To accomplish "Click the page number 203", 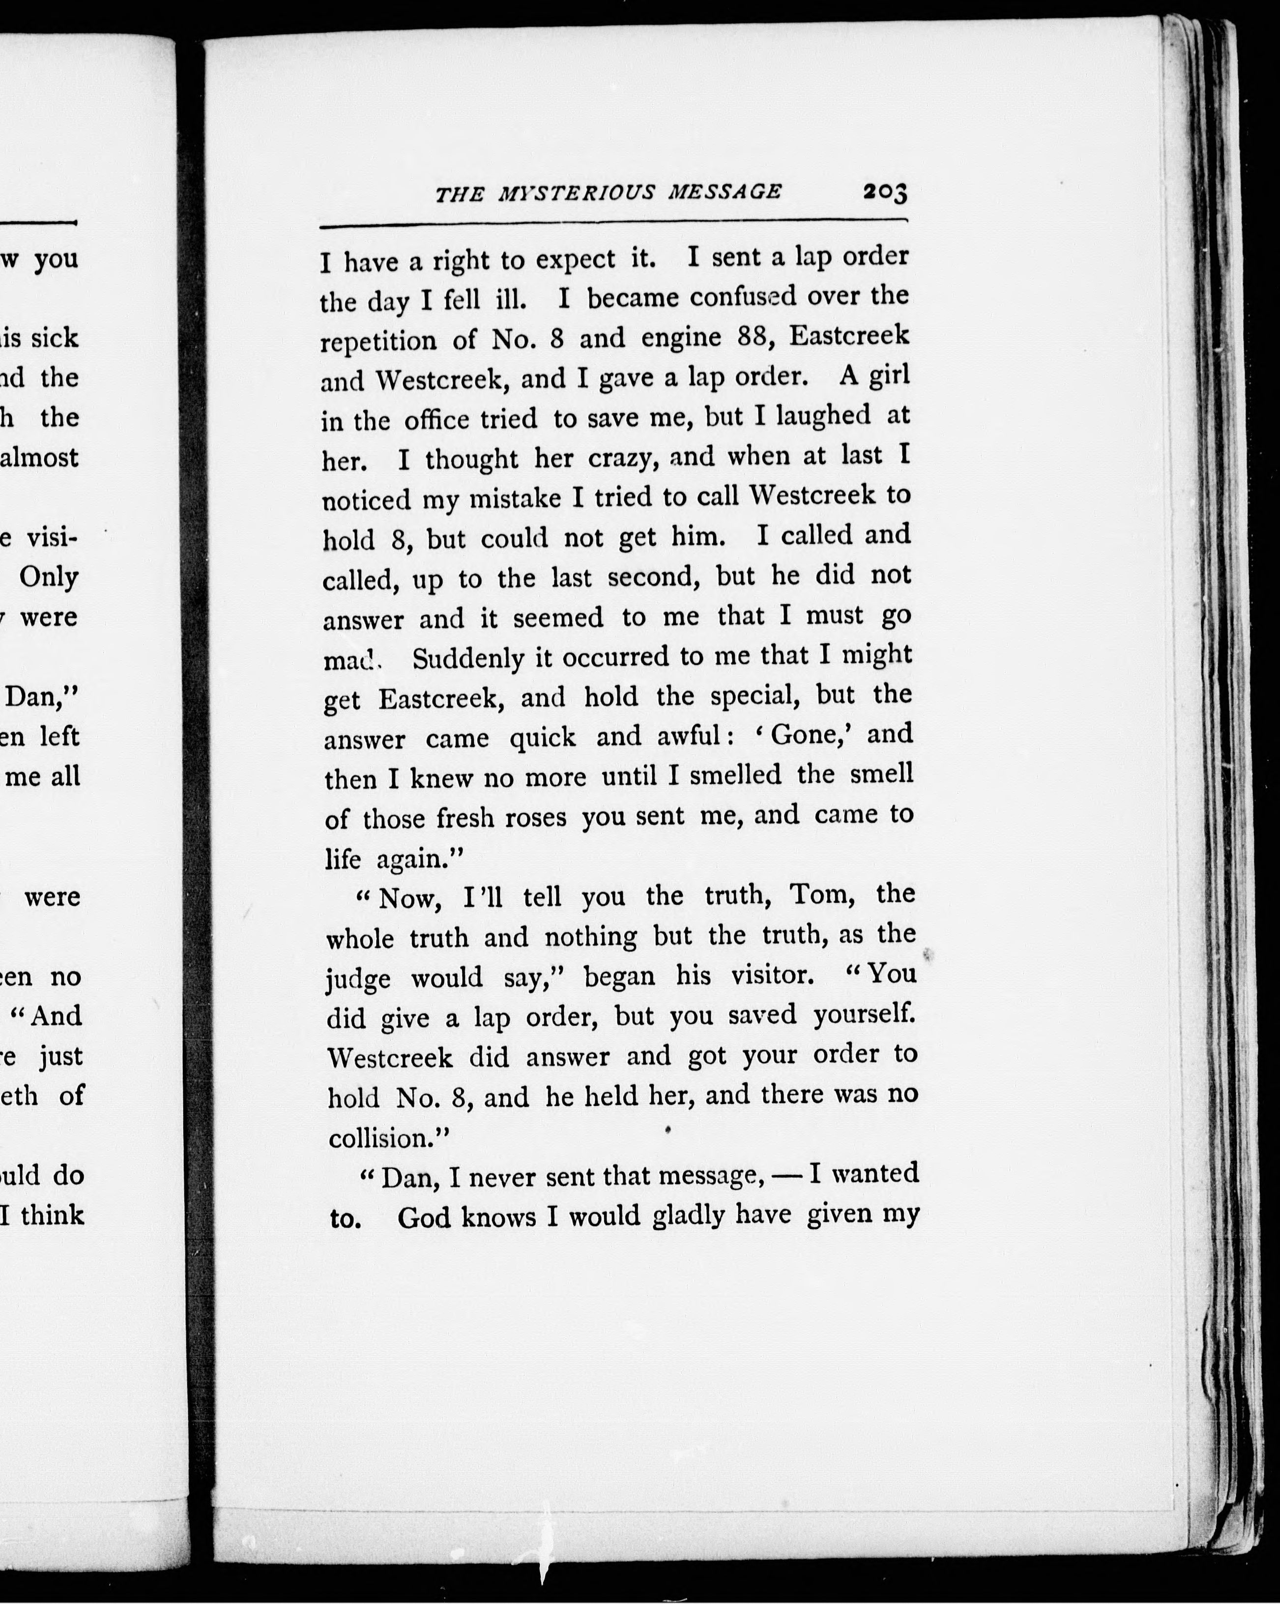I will coord(885,193).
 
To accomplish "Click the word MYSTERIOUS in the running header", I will coord(577,193).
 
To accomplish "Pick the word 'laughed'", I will coord(822,415).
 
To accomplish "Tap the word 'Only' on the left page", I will coord(49,577).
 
